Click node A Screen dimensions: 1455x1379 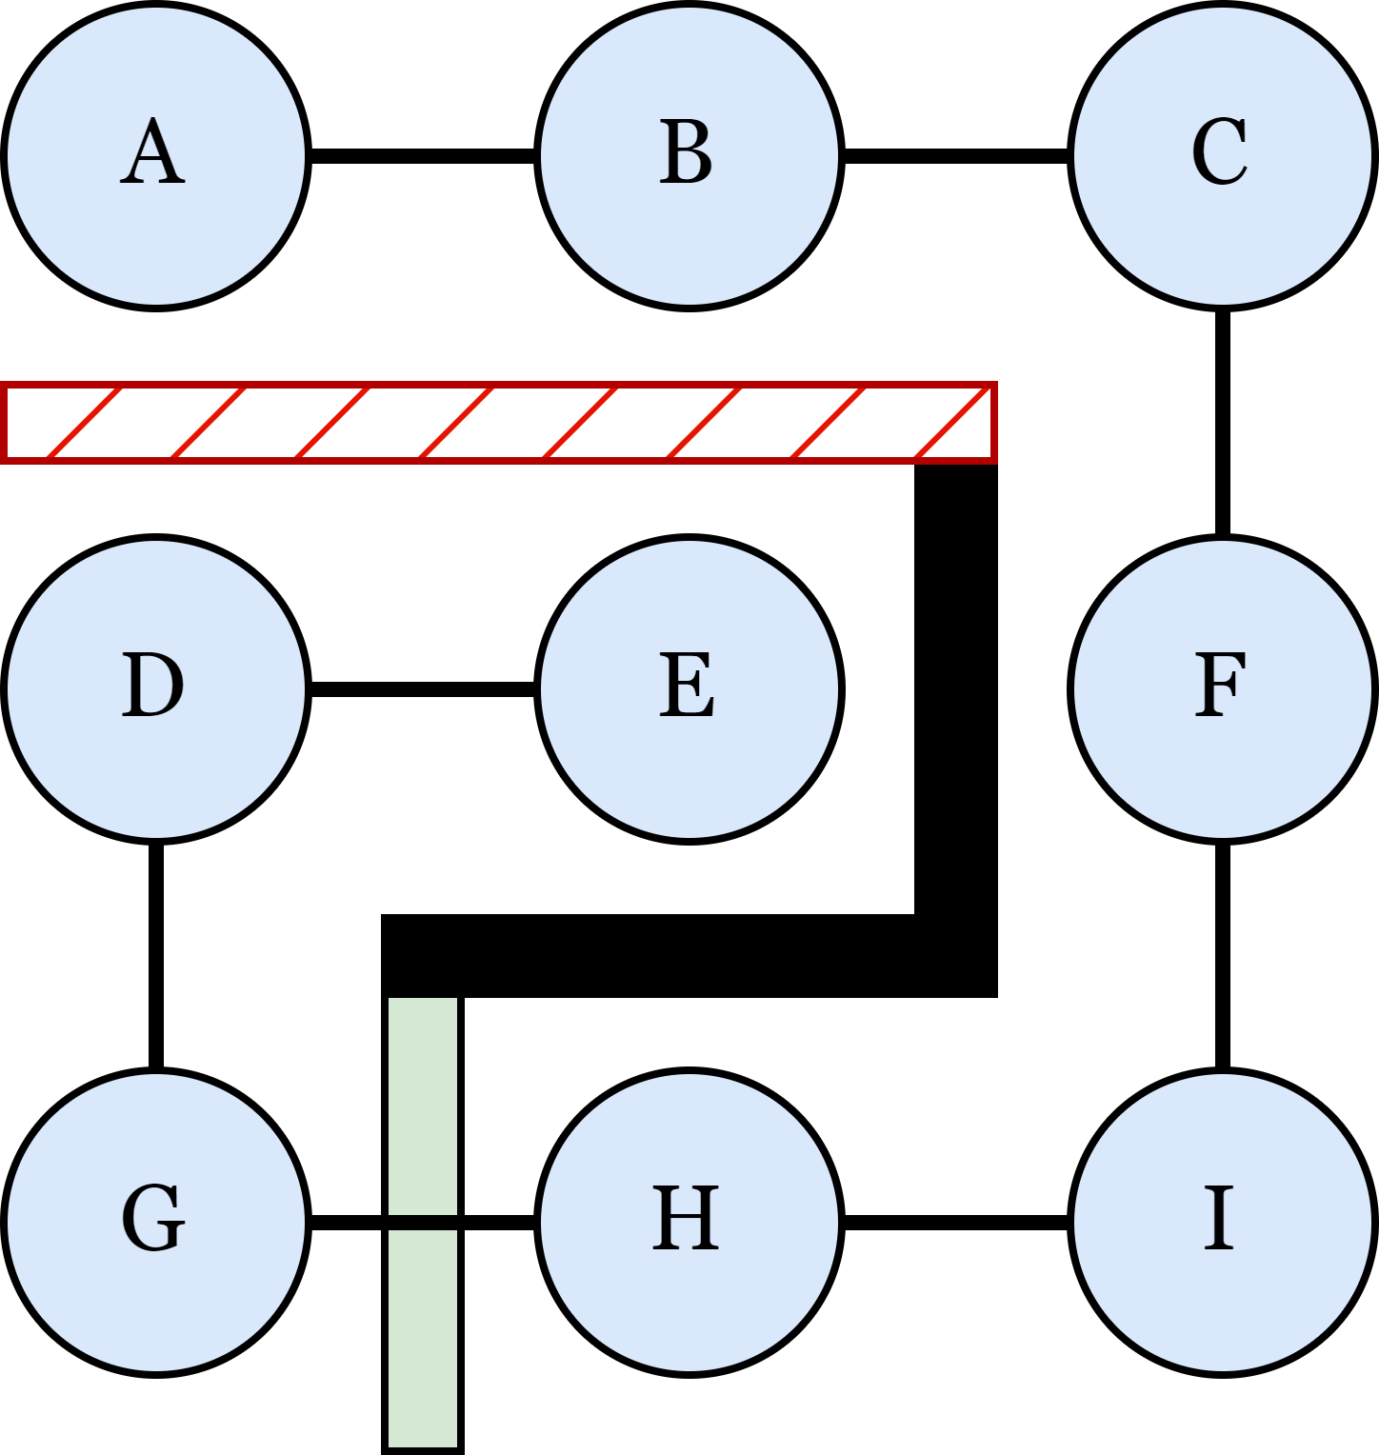click(155, 155)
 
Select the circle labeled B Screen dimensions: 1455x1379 click(689, 155)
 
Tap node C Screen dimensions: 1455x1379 click(1222, 155)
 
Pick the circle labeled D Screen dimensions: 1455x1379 click(155, 688)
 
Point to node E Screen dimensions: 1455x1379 click(689, 688)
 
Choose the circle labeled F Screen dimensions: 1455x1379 click(1222, 688)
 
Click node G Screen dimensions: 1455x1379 click(155, 1222)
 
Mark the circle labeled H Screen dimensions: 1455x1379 click(689, 1222)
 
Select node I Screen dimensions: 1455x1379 click(1222, 1222)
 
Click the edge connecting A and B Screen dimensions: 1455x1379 click(423, 155)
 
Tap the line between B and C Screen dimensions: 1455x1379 click(956, 155)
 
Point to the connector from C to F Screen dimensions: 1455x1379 click(1222, 422)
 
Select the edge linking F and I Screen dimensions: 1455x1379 click(1222, 955)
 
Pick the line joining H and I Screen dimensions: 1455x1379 click(956, 1222)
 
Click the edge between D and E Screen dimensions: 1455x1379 click(423, 688)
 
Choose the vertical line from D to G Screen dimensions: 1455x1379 click(155, 955)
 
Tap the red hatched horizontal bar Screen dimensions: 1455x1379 click(498, 422)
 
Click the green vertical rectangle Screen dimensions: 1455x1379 click(423, 1333)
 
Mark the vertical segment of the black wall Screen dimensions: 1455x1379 click(956, 686)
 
